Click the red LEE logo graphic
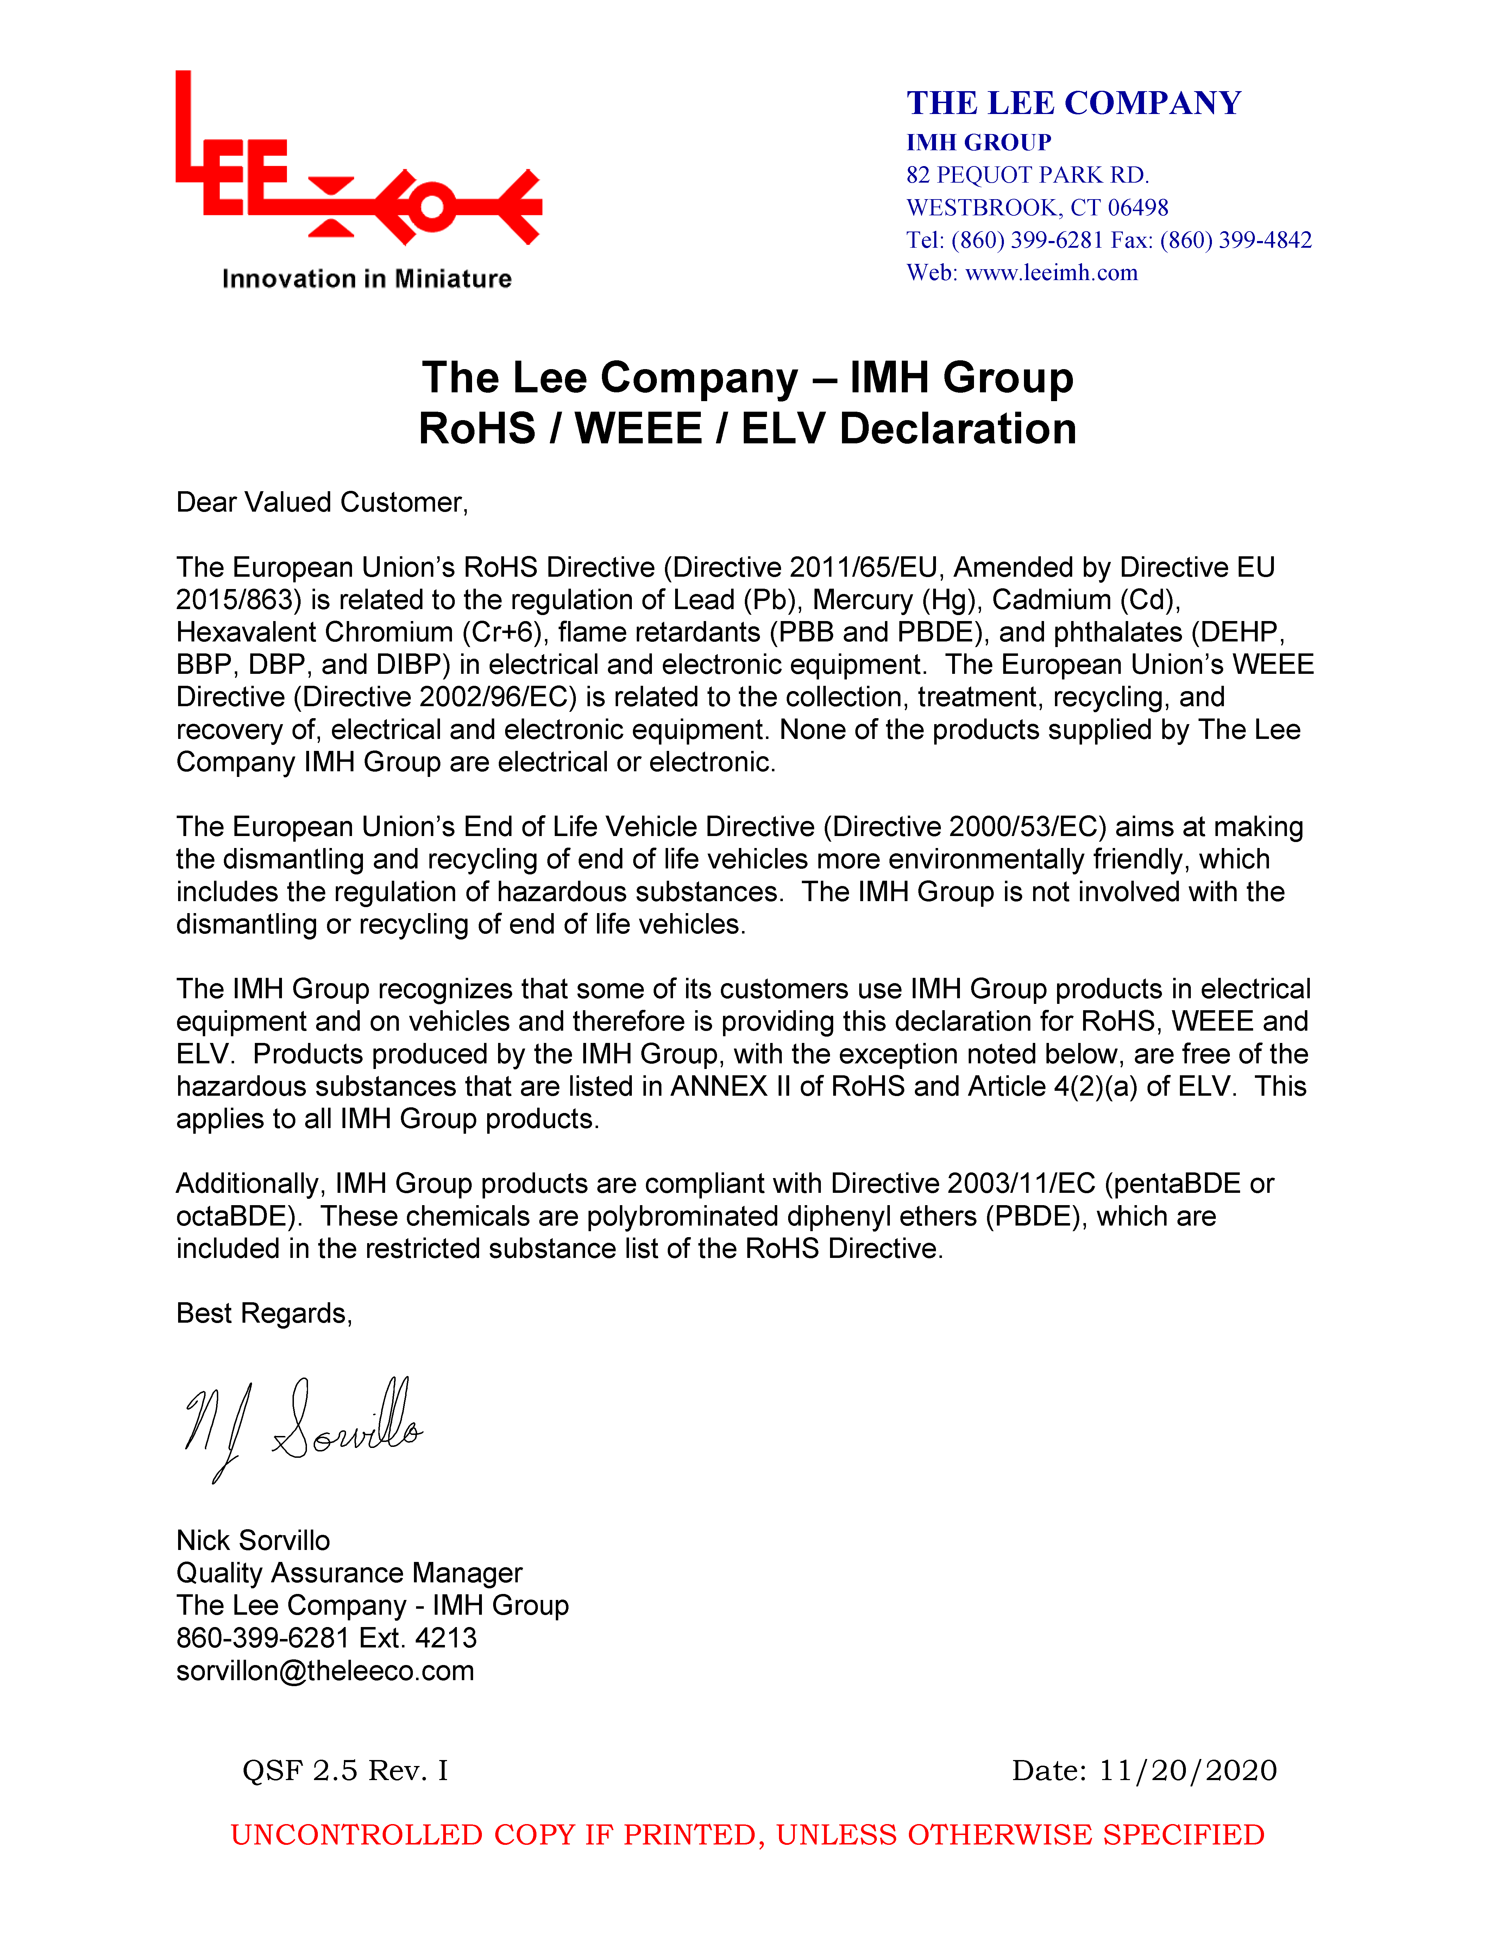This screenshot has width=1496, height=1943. (356, 169)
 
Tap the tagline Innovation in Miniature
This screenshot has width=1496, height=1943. (367, 279)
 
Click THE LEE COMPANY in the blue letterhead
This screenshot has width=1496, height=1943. (1073, 103)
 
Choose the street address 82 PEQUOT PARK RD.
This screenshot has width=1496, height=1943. (1027, 175)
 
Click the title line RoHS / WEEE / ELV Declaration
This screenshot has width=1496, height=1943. (748, 429)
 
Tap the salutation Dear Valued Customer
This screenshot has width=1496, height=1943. (321, 503)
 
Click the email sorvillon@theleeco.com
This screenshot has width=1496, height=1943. (325, 1671)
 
